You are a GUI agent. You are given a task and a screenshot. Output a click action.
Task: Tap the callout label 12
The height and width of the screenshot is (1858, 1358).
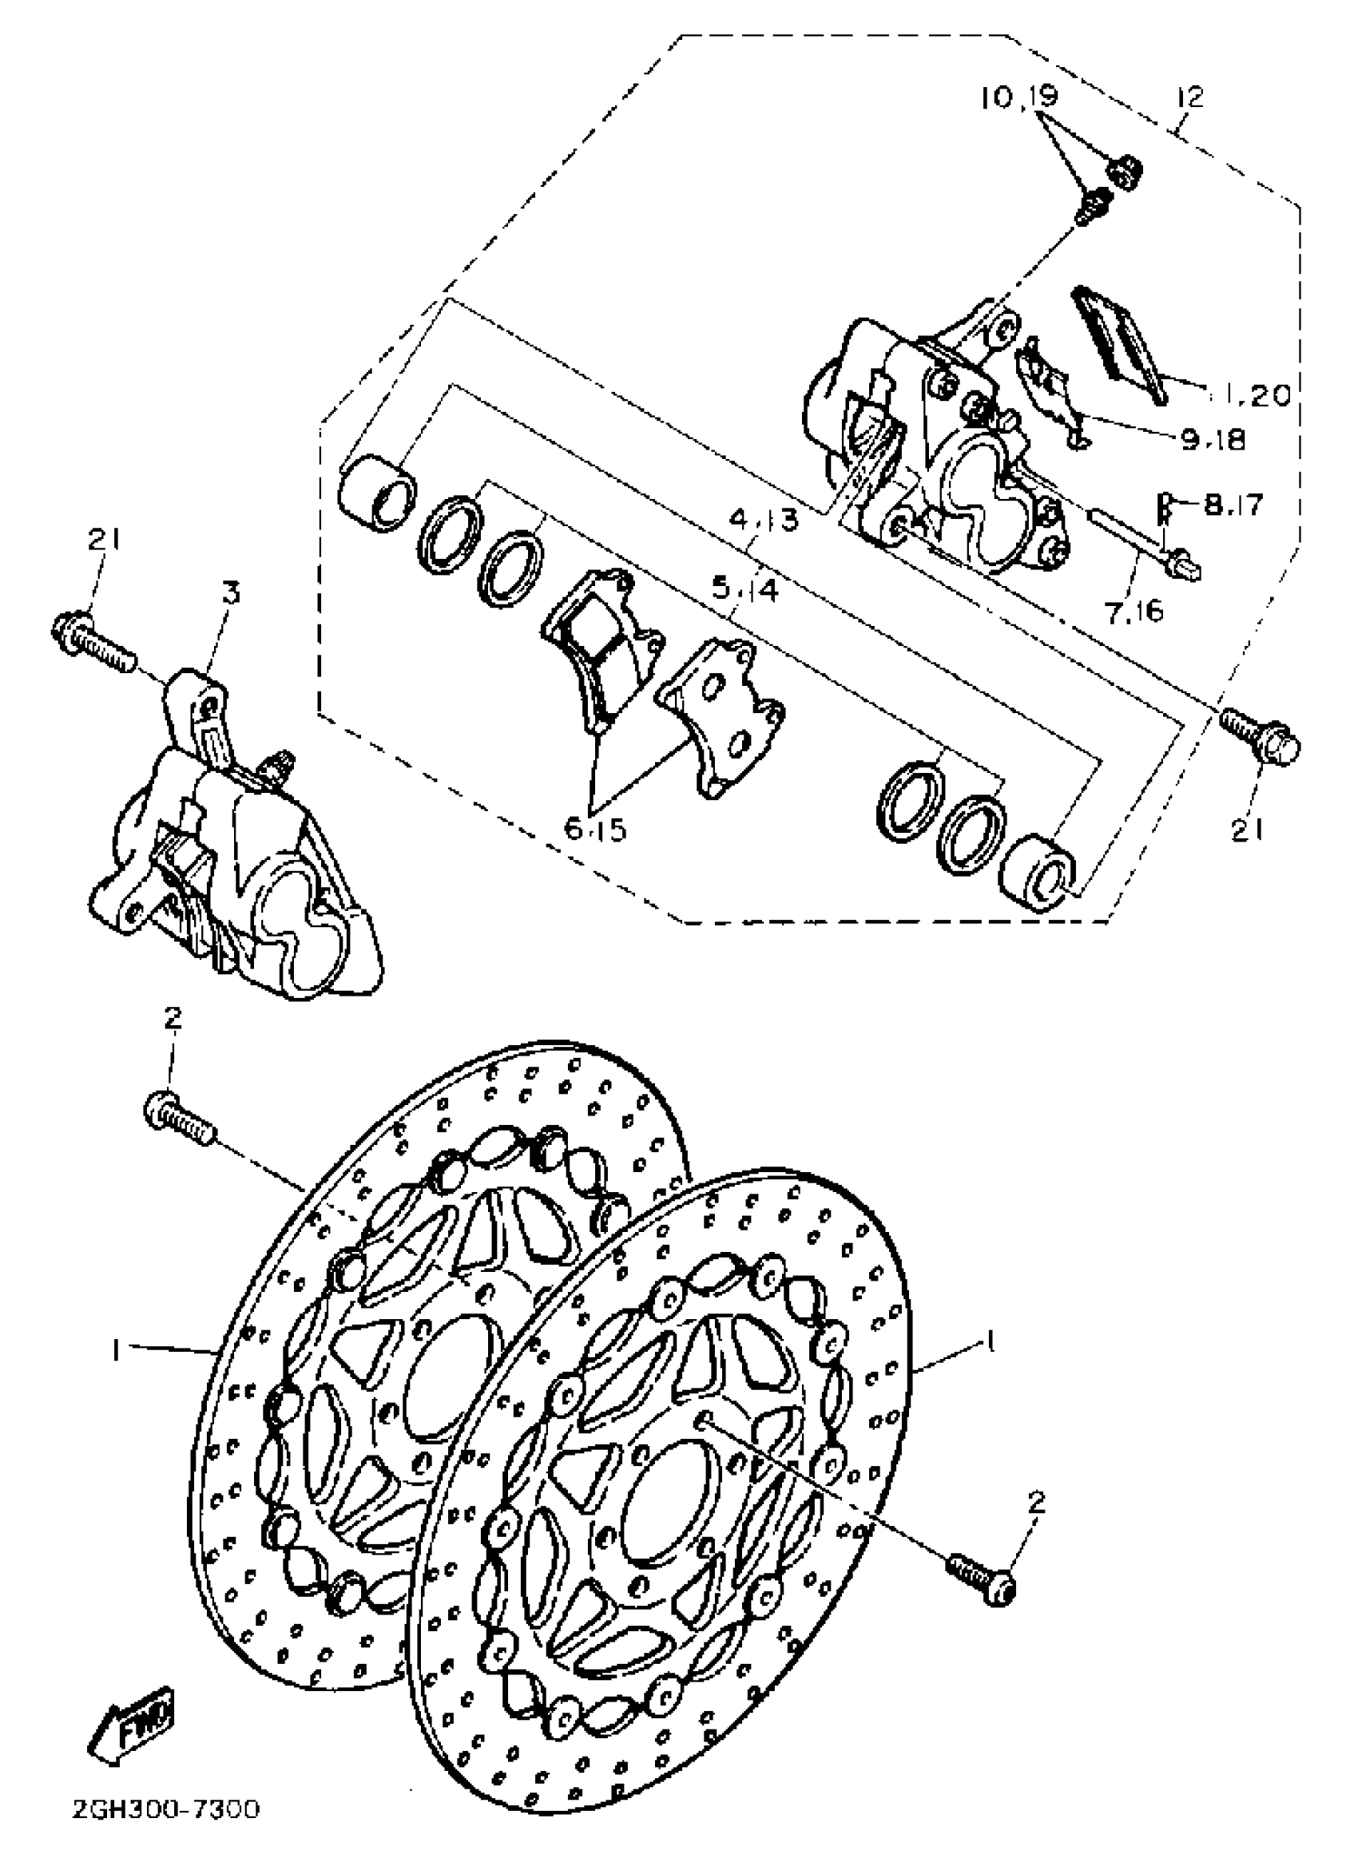(x=1189, y=97)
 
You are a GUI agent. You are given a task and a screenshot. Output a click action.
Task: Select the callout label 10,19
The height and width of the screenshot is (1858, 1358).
(x=1018, y=96)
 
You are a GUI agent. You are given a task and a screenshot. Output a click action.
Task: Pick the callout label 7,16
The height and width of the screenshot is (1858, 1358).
(x=1135, y=611)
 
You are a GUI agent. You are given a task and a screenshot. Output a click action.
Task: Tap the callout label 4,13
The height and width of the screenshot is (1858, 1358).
(x=765, y=519)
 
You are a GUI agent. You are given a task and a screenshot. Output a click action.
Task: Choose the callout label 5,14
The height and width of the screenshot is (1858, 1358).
(x=744, y=589)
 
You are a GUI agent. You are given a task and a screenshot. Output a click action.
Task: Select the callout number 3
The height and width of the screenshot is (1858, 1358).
(x=232, y=592)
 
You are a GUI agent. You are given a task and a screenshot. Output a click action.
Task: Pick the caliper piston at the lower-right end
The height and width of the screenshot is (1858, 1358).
(x=1039, y=876)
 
